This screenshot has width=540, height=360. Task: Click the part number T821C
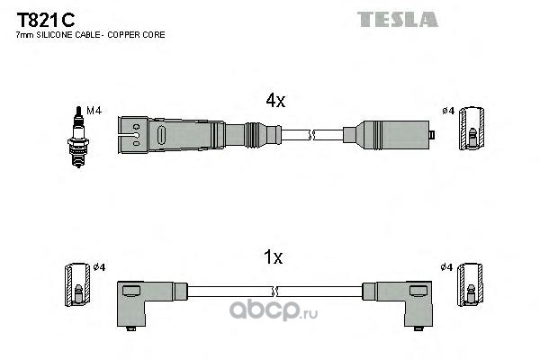[x=46, y=20]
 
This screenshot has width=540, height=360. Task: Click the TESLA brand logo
[x=398, y=19]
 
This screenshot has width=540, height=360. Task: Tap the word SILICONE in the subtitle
[x=54, y=35]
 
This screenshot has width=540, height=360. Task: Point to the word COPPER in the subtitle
[x=121, y=35]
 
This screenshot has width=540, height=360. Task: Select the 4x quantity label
[x=275, y=100]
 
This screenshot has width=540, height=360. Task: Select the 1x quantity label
[x=273, y=257]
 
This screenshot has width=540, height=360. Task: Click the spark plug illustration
[x=78, y=137]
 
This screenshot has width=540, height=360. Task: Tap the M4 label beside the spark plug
[x=94, y=111]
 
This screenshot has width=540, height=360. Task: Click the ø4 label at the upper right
[x=448, y=111]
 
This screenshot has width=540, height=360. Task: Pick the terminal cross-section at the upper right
[x=472, y=128]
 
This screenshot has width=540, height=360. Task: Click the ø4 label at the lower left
[x=99, y=267]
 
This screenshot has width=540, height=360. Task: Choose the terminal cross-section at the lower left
[x=77, y=284]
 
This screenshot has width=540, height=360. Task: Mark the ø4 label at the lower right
[x=446, y=267]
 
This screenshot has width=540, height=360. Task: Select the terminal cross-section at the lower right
[x=470, y=284]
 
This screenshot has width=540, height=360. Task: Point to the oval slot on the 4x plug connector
[x=161, y=135]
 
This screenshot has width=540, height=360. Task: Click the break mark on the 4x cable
[x=312, y=135]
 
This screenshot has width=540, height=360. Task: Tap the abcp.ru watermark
[x=274, y=310]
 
